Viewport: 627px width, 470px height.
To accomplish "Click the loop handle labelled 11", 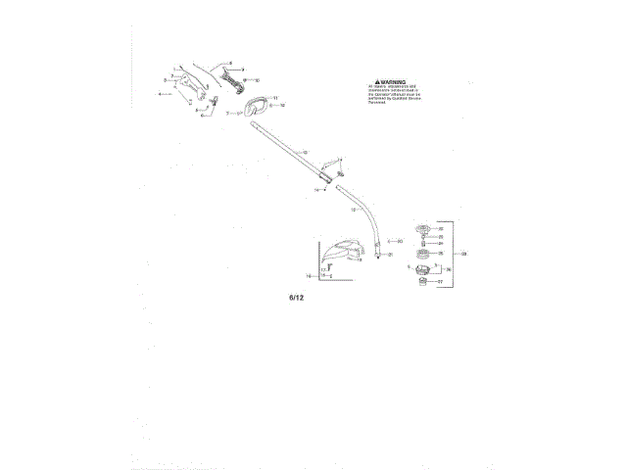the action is click(256, 103).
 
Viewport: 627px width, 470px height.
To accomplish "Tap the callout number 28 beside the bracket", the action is click(465, 253).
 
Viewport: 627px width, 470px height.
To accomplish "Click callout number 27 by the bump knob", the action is click(441, 281).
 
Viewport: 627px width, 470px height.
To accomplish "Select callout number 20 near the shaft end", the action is click(400, 240).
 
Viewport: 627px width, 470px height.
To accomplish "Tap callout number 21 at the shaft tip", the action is click(390, 255).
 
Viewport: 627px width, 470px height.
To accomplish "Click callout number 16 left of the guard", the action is click(308, 276).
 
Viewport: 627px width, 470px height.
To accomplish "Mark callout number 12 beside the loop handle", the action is click(283, 104).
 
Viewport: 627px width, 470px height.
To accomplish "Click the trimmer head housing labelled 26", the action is click(422, 269).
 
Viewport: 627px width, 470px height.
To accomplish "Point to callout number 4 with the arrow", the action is click(160, 94).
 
